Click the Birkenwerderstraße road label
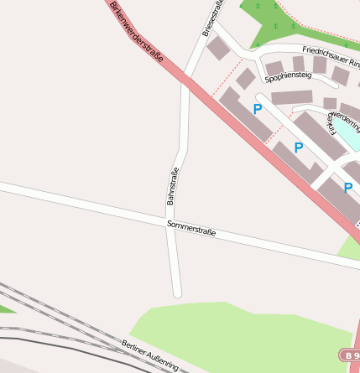pos(136,33)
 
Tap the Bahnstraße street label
pos(174,187)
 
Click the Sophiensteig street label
pos(287,78)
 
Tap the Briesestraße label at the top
pos(213,18)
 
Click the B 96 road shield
pos(351,355)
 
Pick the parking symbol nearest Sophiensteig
pos(257,109)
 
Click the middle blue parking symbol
pos(298,148)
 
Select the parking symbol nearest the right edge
pos(347,188)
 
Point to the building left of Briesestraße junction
pos(217,48)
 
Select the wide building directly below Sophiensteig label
pos(291,97)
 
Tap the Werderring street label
pos(346,117)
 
